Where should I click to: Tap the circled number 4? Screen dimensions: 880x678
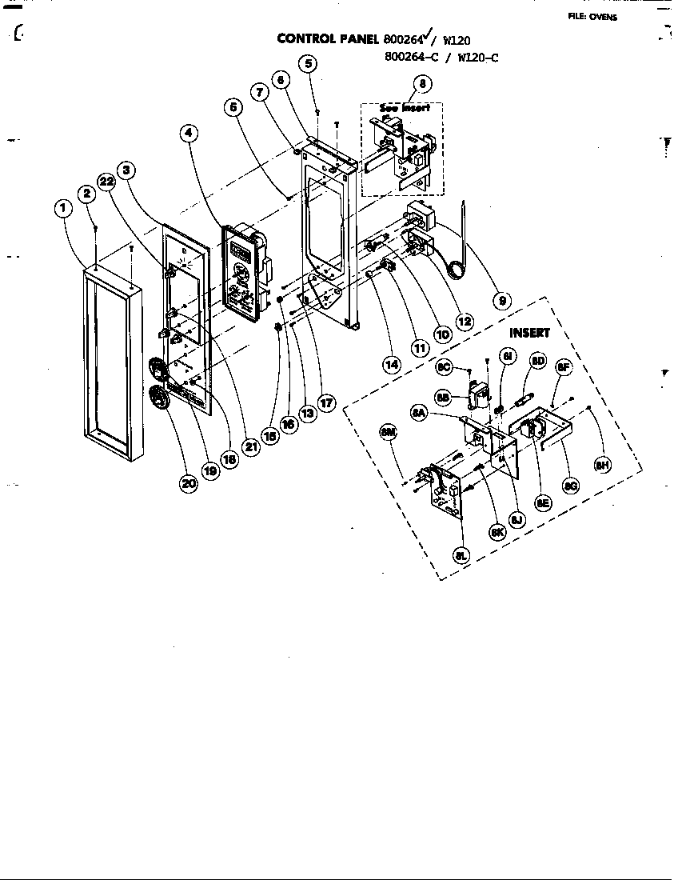189,134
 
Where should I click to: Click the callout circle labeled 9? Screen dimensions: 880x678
502,301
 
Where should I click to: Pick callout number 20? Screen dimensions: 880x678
189,483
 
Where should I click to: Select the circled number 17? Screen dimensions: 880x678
325,402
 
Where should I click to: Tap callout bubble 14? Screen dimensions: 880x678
391,365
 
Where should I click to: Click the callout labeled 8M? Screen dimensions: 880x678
389,433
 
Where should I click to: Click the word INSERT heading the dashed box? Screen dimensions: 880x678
529,333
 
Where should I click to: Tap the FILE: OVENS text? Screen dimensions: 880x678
592,17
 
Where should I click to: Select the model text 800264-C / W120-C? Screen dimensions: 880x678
441,57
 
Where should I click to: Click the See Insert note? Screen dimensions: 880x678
405,108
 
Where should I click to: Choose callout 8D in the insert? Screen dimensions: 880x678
538,361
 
